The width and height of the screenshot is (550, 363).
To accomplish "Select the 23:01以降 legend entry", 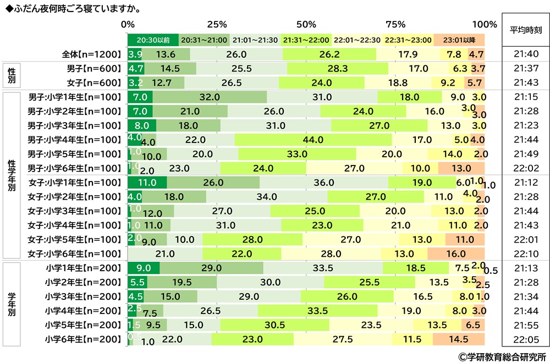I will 459,40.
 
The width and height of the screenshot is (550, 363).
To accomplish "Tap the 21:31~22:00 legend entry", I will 306,40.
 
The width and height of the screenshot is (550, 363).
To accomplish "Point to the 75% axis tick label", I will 395,24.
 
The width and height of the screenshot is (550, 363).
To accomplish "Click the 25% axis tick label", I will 217,24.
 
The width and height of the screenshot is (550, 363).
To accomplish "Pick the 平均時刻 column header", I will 526,30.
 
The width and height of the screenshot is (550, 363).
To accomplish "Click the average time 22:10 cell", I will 526,254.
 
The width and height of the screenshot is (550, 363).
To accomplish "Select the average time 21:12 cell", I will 526,182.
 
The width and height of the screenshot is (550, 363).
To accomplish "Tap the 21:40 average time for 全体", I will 526,54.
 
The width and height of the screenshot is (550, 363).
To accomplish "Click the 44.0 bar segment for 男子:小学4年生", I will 313,140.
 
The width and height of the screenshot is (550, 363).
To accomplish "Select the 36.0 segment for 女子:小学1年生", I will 324,182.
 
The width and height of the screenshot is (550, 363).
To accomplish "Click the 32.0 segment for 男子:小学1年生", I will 210,97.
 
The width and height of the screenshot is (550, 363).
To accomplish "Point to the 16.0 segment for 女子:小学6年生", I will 456,254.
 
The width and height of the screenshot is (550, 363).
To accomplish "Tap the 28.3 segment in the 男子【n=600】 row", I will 337,68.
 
